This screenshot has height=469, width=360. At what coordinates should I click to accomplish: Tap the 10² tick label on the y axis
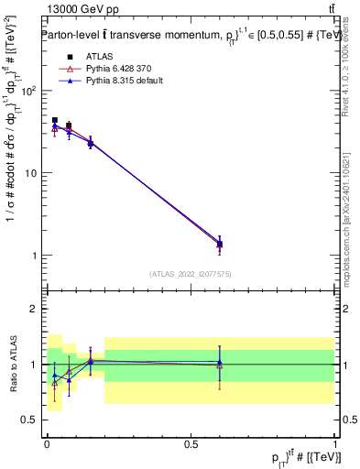[30, 92]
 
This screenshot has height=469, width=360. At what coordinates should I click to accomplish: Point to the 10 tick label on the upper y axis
[33, 173]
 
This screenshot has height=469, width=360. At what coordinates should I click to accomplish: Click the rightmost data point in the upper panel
[219, 244]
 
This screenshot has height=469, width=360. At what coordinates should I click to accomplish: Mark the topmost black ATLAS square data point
[55, 120]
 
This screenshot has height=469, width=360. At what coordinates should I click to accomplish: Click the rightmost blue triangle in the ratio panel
[219, 363]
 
